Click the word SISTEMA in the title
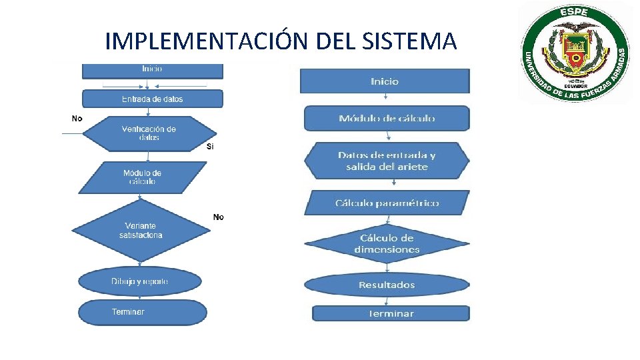(411, 41)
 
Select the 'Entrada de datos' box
(152, 99)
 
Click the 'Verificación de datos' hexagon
(149, 133)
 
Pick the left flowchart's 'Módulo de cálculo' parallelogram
(143, 177)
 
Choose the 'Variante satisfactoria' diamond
(141, 231)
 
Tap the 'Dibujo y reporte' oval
(140, 281)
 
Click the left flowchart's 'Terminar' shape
(142, 312)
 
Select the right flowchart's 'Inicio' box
(385, 81)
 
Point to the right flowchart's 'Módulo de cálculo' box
(387, 119)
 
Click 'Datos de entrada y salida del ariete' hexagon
(387, 161)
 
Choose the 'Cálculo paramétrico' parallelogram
(387, 203)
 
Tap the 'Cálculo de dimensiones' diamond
(387, 243)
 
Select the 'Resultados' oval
(387, 285)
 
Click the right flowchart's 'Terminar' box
(391, 313)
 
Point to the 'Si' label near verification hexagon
(211, 147)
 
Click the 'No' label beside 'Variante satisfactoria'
(218, 217)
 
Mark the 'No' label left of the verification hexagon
(77, 118)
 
